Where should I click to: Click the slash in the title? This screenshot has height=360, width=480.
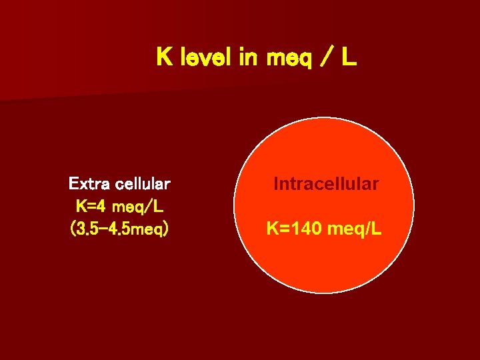click(323, 58)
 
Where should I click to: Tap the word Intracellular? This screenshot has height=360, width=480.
click(326, 183)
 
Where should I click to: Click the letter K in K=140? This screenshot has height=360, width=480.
click(273, 230)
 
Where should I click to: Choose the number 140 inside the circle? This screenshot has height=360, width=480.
click(304, 230)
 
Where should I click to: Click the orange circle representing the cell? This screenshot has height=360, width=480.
click(324, 267)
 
